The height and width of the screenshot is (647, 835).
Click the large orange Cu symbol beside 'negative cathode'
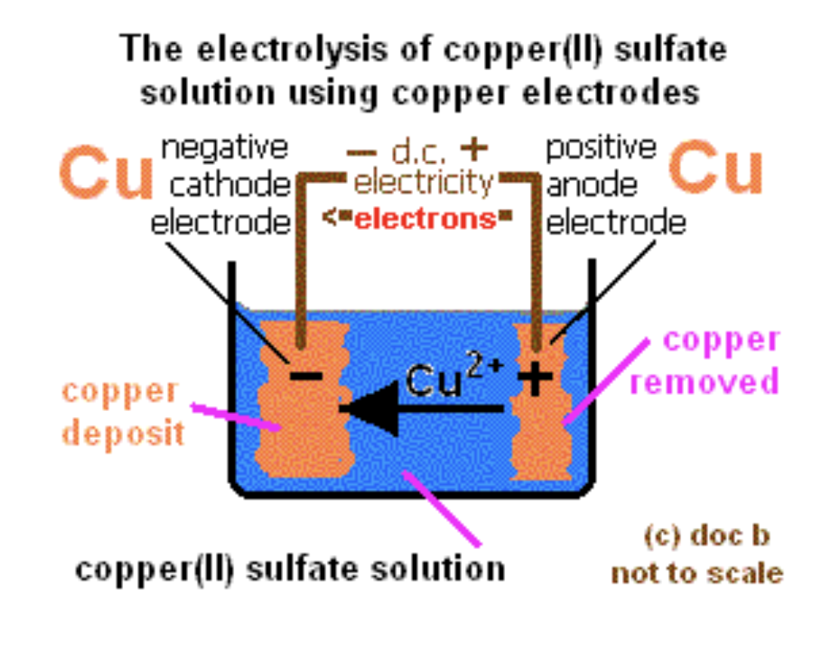coord(106,175)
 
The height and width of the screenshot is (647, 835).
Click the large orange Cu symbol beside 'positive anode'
coord(716,170)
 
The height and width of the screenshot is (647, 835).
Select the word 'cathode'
coord(230,185)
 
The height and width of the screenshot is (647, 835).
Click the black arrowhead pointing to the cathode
coord(370,408)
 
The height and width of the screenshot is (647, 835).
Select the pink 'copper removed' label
coord(704,361)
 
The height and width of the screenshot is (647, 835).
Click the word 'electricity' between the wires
coord(424,183)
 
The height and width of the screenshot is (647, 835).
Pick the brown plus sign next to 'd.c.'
coord(473,149)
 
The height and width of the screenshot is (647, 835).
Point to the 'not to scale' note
coord(696,573)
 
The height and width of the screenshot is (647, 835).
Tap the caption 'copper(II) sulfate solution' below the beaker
coord(290,568)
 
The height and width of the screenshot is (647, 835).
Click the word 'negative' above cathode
coord(224,148)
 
